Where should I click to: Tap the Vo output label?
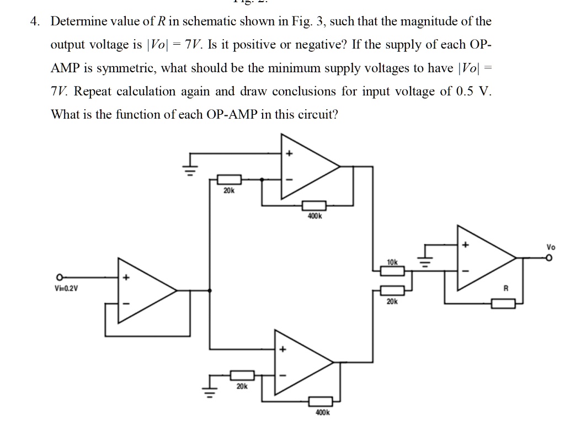coord(550,247)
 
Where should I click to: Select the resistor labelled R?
coord(503,303)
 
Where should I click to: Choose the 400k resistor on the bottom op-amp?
coord(320,401)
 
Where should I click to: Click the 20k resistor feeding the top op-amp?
coord(228,179)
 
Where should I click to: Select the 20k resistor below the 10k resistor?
coord(392,290)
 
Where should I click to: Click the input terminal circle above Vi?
coord(58,277)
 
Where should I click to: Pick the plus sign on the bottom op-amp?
coord(284,349)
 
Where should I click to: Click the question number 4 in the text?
coord(35,22)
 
